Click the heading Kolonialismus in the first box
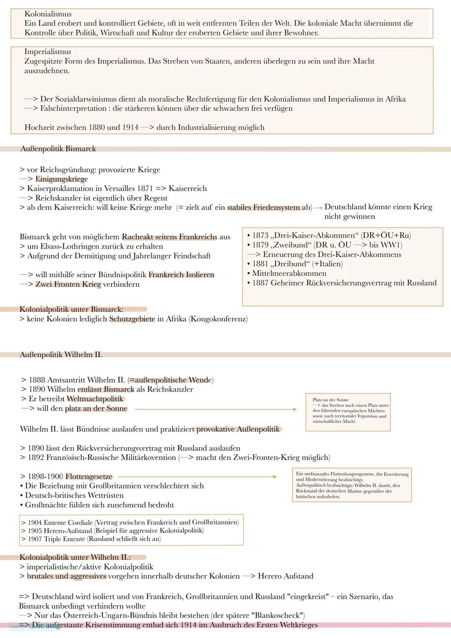[48, 14]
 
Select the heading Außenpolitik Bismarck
[58, 149]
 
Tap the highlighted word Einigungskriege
[61, 179]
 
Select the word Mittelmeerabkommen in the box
[289, 273]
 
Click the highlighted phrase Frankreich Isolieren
[181, 275]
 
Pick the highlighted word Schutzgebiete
[132, 319]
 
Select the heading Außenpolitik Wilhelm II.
[61, 355]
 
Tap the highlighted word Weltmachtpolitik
[95, 399]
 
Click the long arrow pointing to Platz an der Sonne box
[215, 409]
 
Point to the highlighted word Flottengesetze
[89, 477]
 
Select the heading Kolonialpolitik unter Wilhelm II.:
[75, 557]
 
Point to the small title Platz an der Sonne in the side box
[330, 400]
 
